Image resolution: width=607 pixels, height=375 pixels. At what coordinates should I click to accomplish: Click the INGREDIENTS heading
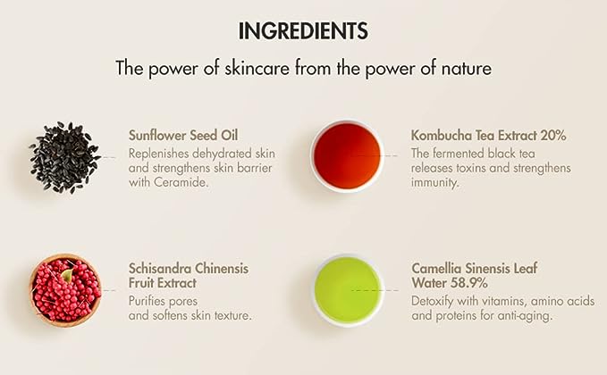pyautogui.click(x=303, y=31)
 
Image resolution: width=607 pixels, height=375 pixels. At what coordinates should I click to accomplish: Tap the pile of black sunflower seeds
pyautogui.click(x=64, y=157)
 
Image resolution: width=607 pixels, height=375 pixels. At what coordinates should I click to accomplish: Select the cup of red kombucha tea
pyautogui.click(x=347, y=156)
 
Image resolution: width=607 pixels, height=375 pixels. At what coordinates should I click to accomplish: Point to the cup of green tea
pyautogui.click(x=348, y=289)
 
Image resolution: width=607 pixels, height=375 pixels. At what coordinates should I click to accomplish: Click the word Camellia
pyautogui.click(x=437, y=268)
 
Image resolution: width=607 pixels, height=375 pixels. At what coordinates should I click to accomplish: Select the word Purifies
pyautogui.click(x=150, y=299)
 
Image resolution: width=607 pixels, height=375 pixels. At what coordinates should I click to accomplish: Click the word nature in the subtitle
pyautogui.click(x=468, y=68)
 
